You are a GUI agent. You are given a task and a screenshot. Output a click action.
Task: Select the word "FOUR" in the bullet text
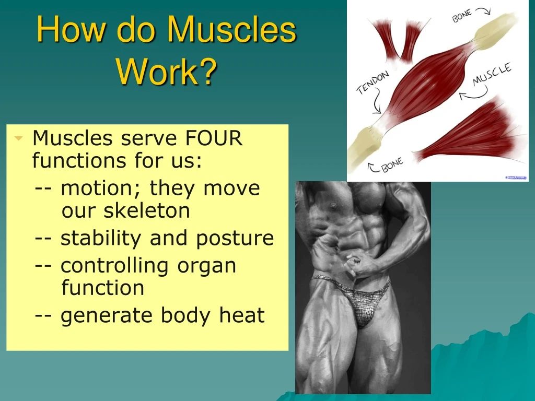pos(214,139)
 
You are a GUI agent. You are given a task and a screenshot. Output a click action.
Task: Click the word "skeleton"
pos(146,211)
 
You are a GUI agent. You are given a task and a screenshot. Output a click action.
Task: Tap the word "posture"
pos(235,238)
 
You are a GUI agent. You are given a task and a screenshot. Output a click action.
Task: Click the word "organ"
pos(207,266)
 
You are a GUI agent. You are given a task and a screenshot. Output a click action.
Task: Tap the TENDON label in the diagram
pos(373,83)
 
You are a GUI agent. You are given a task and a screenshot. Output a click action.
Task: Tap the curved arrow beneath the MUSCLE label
pos(472,95)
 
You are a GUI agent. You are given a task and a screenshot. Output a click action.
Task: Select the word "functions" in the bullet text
pos(73,161)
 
